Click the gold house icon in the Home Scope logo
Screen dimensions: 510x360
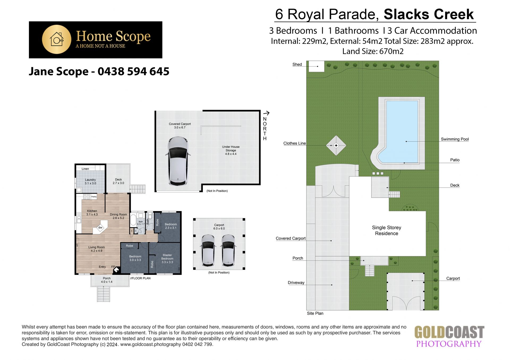pyautogui.click(x=57, y=39)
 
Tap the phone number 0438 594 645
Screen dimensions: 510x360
pyautogui.click(x=133, y=71)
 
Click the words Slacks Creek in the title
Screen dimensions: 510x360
pyautogui.click(x=429, y=14)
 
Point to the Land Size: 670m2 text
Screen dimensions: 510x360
pyautogui.click(x=373, y=51)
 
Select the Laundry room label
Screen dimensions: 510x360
pyautogui.click(x=90, y=182)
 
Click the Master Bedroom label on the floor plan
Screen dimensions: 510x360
pyautogui.click(x=167, y=259)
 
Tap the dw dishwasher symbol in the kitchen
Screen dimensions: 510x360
pyautogui.click(x=100, y=228)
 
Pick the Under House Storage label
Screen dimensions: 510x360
pyautogui.click(x=231, y=150)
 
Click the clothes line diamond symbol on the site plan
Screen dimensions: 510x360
pyautogui.click(x=336, y=145)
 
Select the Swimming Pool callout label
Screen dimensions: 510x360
pyautogui.click(x=455, y=139)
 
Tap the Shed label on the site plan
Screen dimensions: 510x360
pyautogui.click(x=297, y=64)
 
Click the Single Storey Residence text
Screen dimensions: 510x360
pyautogui.click(x=386, y=230)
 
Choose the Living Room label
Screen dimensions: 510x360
pyautogui.click(x=96, y=249)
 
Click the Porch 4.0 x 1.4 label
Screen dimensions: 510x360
pyautogui.click(x=107, y=280)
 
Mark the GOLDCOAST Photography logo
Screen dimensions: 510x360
pyautogui.click(x=449, y=337)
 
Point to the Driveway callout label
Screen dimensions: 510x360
pyautogui.click(x=296, y=282)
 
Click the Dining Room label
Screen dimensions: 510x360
pyautogui.click(x=118, y=216)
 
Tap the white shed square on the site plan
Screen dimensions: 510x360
pyautogui.click(x=316, y=66)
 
